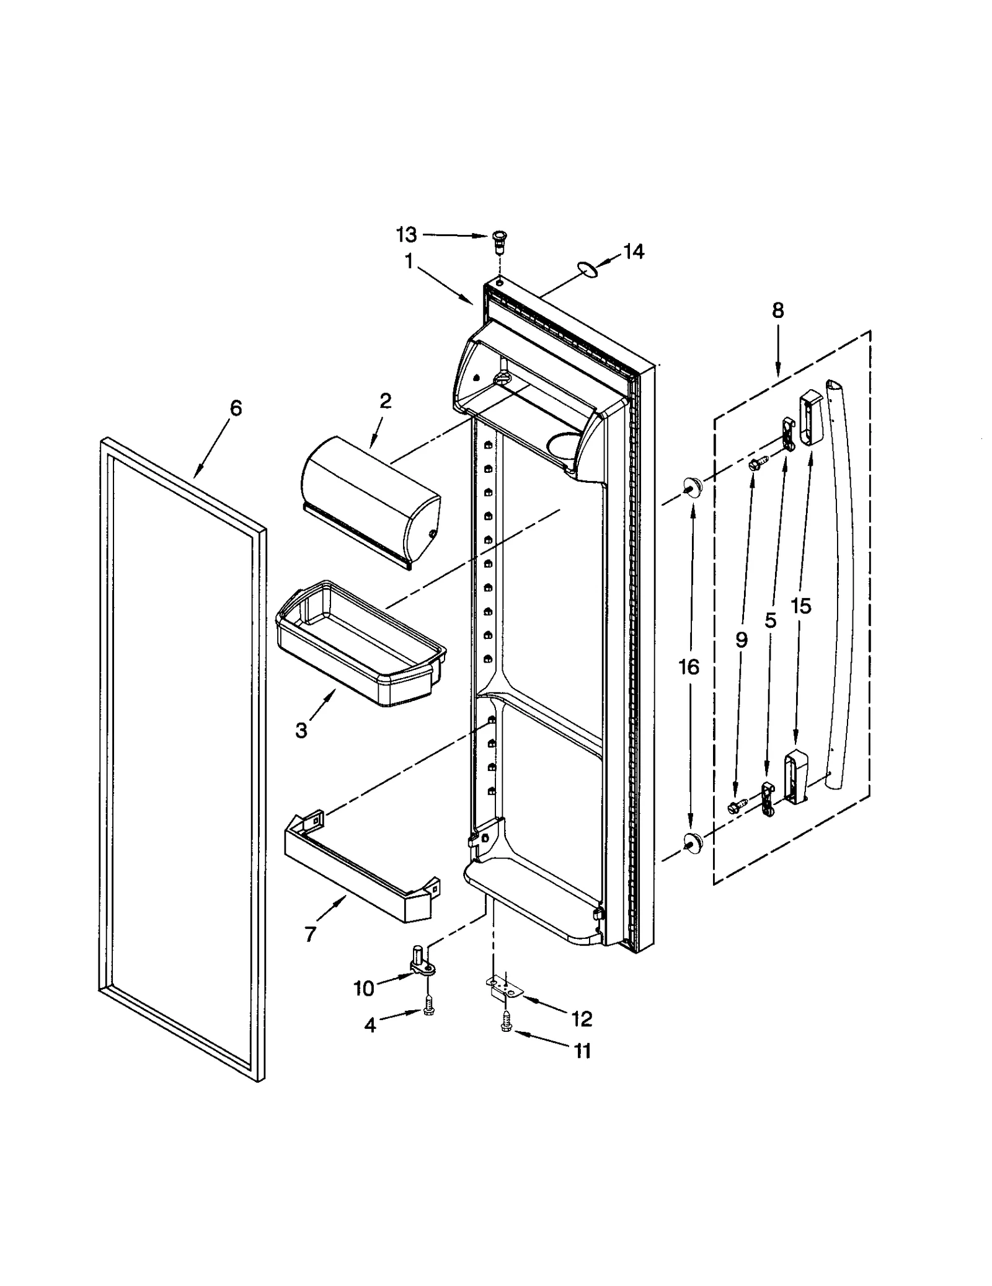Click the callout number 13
pyautogui.click(x=407, y=236)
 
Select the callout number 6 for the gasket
pyautogui.click(x=236, y=408)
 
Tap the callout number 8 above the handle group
pyautogui.click(x=777, y=310)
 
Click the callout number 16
pyautogui.click(x=689, y=667)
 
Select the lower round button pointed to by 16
pyautogui.click(x=693, y=842)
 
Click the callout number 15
pyautogui.click(x=800, y=606)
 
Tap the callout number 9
pyautogui.click(x=742, y=640)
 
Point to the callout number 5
pyautogui.click(x=771, y=620)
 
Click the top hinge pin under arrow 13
pyautogui.click(x=498, y=240)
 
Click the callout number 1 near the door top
pyautogui.click(x=409, y=262)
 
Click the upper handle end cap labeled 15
pyautogui.click(x=808, y=418)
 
